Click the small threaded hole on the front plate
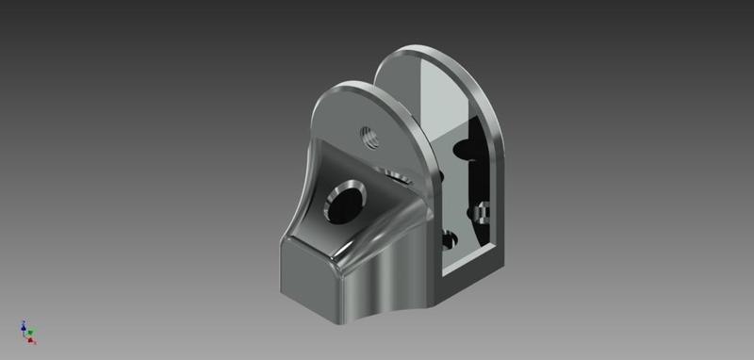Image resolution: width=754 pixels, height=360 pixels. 369,137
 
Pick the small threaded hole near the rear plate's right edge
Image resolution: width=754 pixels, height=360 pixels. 484,209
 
